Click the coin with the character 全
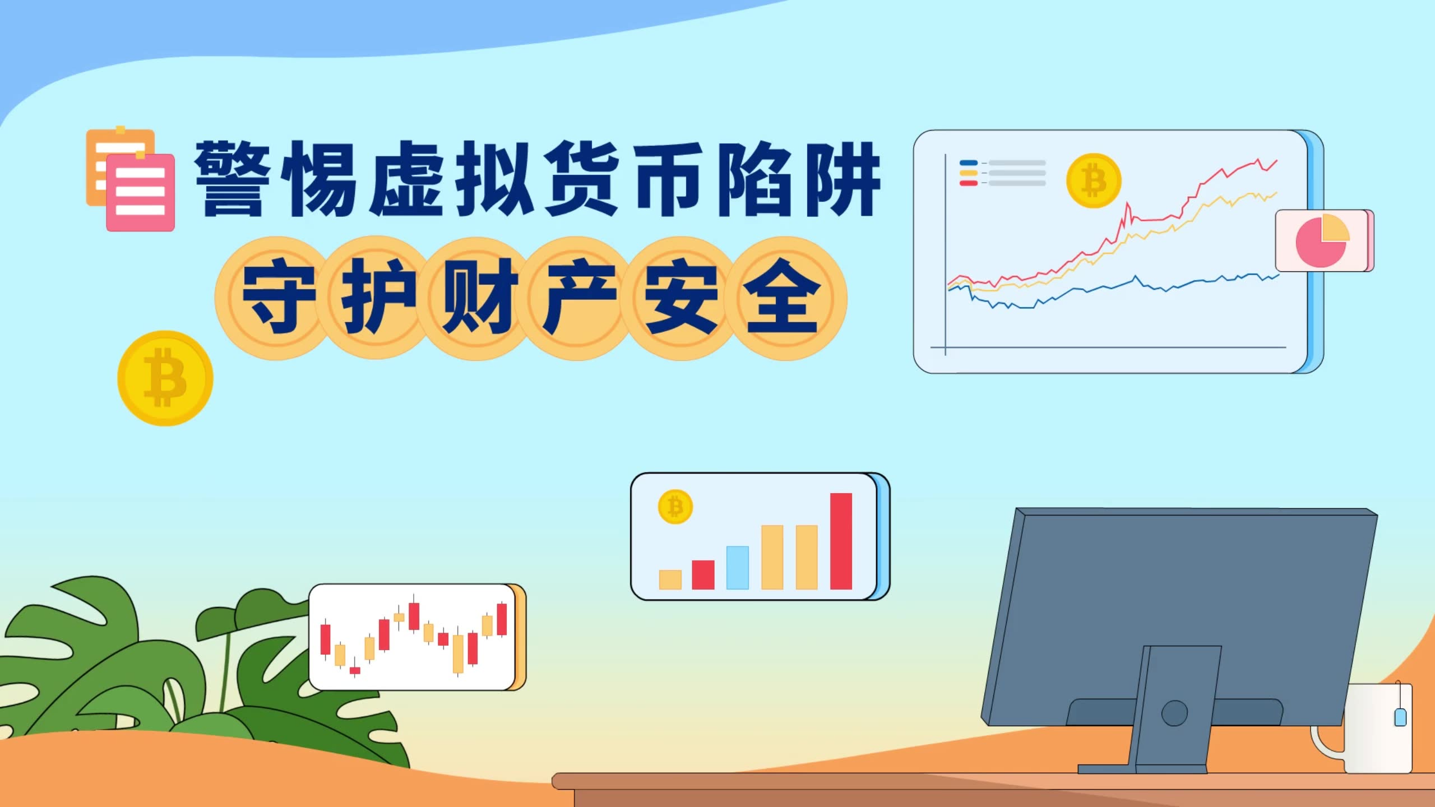[784, 298]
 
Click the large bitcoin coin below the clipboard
[165, 378]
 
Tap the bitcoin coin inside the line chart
[1093, 180]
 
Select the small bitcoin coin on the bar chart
[675, 507]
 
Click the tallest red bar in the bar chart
[841, 541]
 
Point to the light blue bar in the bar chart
[737, 567]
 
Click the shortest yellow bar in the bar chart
[670, 579]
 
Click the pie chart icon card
[1323, 240]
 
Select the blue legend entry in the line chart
[1002, 163]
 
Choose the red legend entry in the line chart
[1002, 183]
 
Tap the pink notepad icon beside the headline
[140, 192]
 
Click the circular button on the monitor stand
[1174, 713]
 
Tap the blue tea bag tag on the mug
[1400, 717]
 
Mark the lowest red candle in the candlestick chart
[355, 670]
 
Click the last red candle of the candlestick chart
[502, 619]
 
